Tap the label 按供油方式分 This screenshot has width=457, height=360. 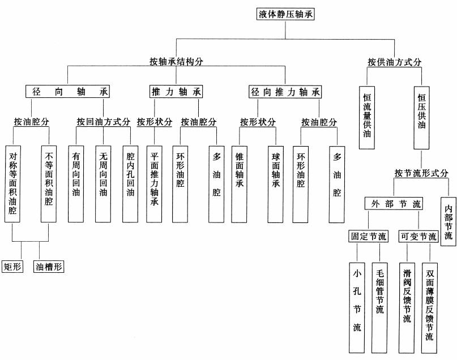(x=394, y=62)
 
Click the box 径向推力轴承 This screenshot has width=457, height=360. (x=285, y=92)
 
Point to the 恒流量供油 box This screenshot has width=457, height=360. (x=366, y=117)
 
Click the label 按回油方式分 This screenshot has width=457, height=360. (x=104, y=122)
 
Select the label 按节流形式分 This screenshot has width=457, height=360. (x=421, y=173)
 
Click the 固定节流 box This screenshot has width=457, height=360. (x=368, y=237)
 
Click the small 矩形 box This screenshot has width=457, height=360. (x=12, y=265)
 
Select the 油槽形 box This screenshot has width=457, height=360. (x=49, y=265)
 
